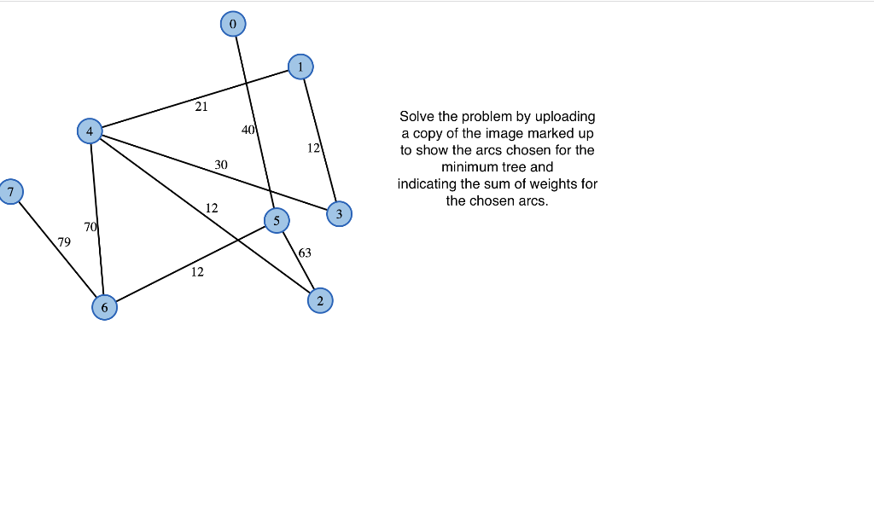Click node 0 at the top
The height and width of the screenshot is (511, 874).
(x=232, y=24)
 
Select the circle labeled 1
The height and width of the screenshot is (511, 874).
(x=300, y=67)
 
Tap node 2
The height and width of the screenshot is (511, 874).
(x=320, y=300)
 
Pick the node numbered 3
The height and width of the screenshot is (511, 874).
(x=339, y=214)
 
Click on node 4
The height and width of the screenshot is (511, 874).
(x=89, y=131)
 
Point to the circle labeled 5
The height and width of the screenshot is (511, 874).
(x=276, y=221)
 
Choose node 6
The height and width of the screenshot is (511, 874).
(x=104, y=307)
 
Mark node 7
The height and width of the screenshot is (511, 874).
(x=10, y=192)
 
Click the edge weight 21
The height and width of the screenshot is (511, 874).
(x=201, y=107)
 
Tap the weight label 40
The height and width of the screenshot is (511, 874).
(x=248, y=130)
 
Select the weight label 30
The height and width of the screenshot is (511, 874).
(x=221, y=164)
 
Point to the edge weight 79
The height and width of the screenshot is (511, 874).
(x=64, y=242)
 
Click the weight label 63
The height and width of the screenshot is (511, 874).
(x=305, y=253)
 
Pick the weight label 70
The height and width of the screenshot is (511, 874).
(x=90, y=226)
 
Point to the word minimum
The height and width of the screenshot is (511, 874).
(x=468, y=167)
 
